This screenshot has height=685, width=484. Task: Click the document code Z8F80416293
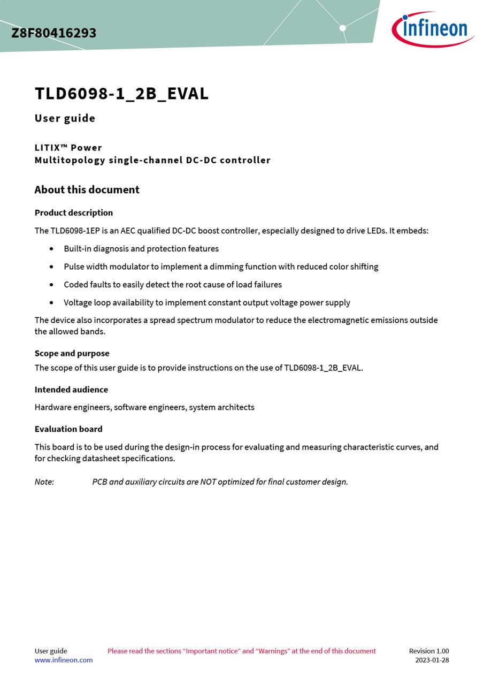pos(54,33)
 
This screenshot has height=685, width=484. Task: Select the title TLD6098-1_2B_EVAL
pos(121,94)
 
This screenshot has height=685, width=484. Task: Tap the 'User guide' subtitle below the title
pos(65,118)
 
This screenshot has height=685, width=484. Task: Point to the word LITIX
pos(49,148)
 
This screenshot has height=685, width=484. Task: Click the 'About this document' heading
pos(87,189)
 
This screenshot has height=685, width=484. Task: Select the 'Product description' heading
pos(74,212)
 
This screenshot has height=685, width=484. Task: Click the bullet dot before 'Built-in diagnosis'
pos(51,249)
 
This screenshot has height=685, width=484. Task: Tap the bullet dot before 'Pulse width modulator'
pos(51,267)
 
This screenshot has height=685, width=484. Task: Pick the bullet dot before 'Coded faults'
pos(51,285)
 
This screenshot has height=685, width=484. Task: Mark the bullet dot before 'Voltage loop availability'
pos(51,302)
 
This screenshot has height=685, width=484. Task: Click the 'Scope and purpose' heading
pos(72,353)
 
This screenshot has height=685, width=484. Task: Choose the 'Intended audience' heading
pos(71,390)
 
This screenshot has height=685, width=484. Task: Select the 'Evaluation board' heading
pos(68,429)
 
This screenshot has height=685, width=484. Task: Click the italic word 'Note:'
pos(44,482)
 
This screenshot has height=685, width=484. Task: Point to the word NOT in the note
pos(209,482)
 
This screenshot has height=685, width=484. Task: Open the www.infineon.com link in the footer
pos(64,660)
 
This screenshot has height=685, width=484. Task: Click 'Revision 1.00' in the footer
pos(429,651)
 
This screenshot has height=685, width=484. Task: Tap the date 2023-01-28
pos(432,660)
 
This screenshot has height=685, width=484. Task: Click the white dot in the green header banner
pos(343,28)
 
